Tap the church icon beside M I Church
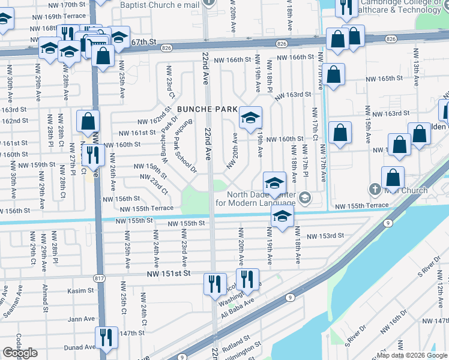tap(375, 190)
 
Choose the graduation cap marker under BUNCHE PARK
tap(250, 117)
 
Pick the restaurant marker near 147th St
tap(106, 338)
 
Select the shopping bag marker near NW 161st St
tap(88, 121)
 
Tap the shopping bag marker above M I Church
tap(393, 178)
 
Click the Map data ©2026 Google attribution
tap(411, 355)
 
